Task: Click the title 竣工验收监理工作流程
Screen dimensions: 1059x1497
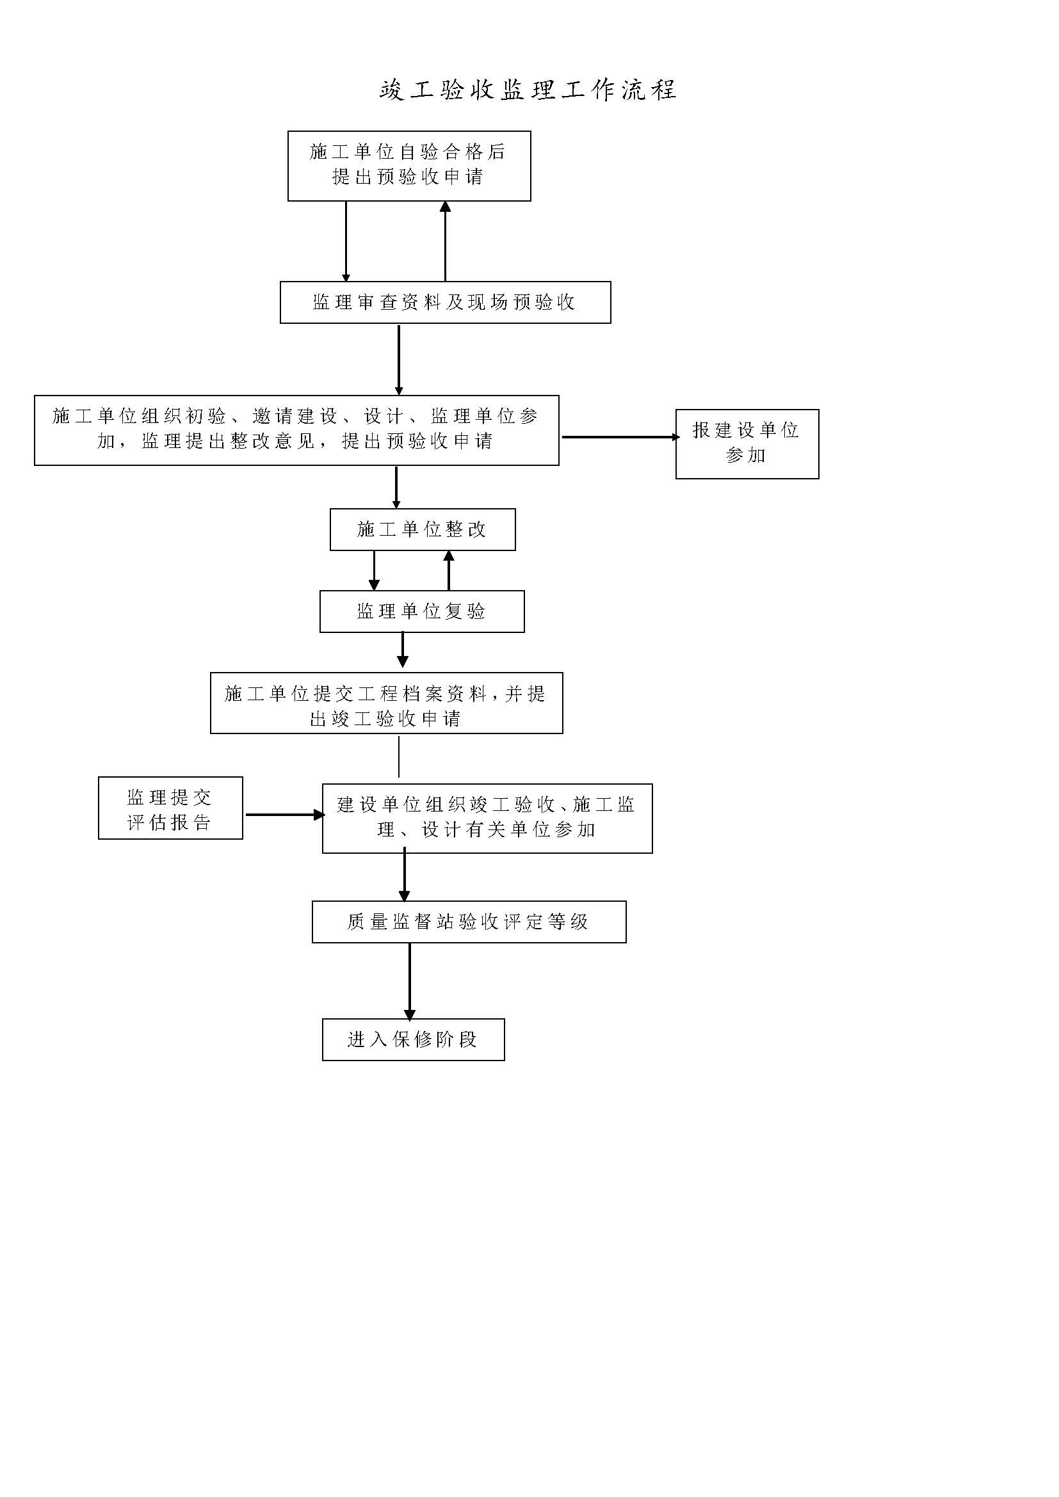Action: (x=528, y=90)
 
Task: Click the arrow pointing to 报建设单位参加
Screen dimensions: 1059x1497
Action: (x=621, y=437)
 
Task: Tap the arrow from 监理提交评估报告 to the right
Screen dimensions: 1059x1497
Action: (x=285, y=814)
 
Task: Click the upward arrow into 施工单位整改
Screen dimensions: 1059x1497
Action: (x=449, y=570)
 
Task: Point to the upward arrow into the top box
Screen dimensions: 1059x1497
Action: (x=446, y=241)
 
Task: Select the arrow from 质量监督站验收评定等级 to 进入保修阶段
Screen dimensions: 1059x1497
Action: (x=410, y=981)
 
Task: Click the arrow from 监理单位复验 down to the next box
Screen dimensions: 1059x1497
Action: (x=403, y=650)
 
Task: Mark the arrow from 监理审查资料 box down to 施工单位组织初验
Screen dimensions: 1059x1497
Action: (x=399, y=360)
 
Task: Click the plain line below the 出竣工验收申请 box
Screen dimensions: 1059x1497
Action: (x=399, y=756)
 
